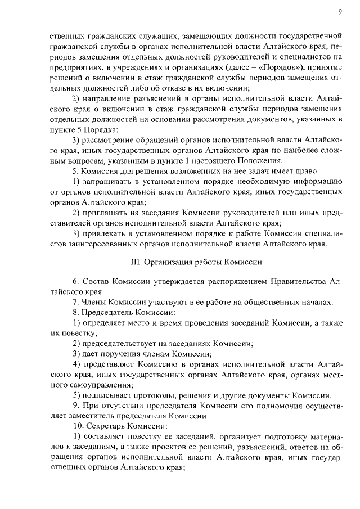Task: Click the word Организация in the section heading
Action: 169,262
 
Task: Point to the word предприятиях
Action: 73,67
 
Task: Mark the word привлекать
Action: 105,233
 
